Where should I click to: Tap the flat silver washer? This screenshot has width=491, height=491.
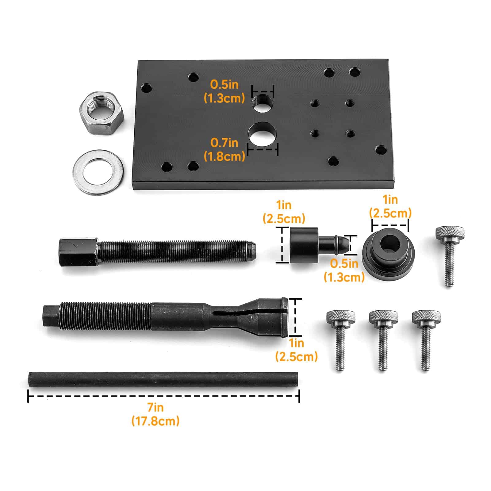click(98, 171)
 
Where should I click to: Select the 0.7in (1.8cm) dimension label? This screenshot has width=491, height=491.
click(224, 149)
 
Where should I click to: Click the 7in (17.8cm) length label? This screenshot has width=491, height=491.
click(155, 414)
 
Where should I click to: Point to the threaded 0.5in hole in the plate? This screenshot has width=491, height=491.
click(263, 103)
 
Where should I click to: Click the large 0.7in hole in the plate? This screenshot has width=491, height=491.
click(263, 134)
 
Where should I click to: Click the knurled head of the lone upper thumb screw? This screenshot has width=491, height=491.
click(450, 234)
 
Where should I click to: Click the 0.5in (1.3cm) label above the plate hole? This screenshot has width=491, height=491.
click(224, 91)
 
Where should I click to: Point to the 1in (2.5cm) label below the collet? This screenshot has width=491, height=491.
click(296, 350)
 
